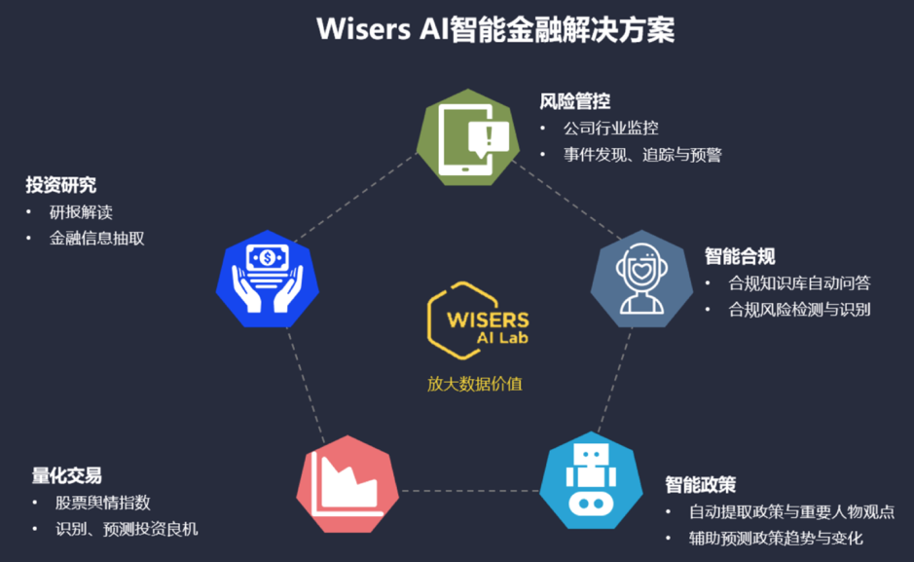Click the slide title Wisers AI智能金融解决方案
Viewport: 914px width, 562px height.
[495, 29]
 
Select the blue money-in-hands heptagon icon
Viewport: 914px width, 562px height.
[267, 281]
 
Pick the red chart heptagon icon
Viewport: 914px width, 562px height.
[346, 482]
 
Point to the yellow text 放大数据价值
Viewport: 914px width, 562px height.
[475, 383]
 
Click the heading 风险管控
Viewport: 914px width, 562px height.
[575, 101]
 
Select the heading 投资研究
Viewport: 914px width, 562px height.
[60, 185]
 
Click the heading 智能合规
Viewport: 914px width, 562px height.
[740, 256]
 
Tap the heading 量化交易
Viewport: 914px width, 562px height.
[66, 476]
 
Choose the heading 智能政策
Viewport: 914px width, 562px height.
[700, 484]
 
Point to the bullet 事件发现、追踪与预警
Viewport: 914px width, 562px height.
[642, 154]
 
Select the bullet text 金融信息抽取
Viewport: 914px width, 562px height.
[97, 238]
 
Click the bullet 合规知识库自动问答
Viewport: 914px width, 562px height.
[799, 283]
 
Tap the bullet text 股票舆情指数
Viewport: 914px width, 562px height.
[103, 503]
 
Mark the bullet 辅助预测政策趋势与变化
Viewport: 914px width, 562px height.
[776, 538]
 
